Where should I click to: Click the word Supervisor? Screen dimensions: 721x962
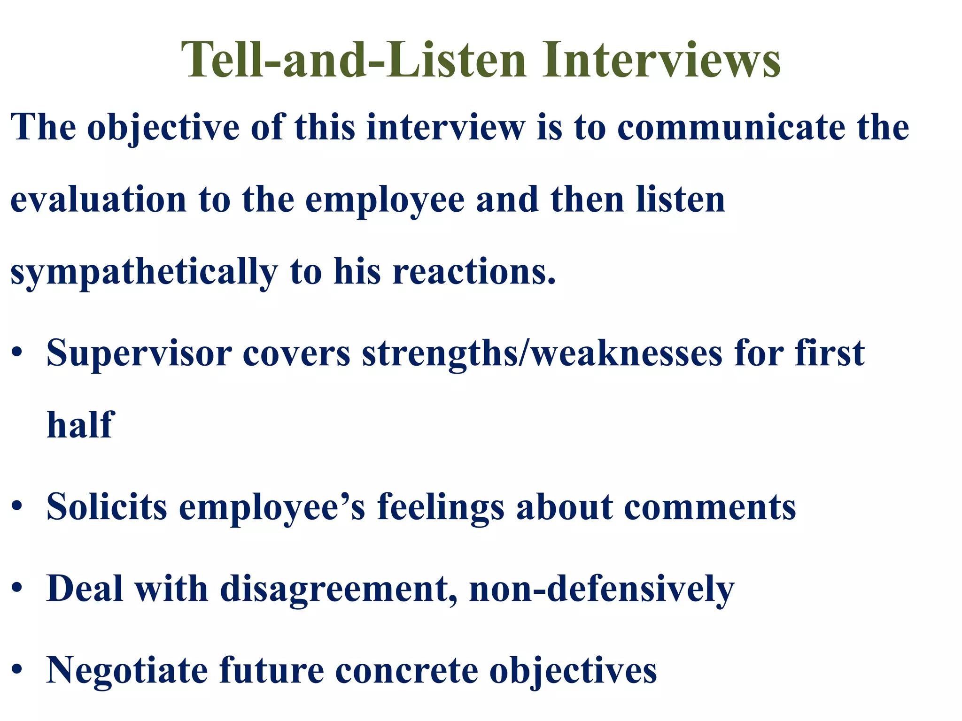tap(139, 353)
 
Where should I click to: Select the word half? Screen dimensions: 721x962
tap(80, 424)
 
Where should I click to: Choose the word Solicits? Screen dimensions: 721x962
tap(107, 506)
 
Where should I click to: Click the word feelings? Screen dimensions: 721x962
tap(441, 507)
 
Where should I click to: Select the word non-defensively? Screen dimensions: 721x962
tap(602, 589)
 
